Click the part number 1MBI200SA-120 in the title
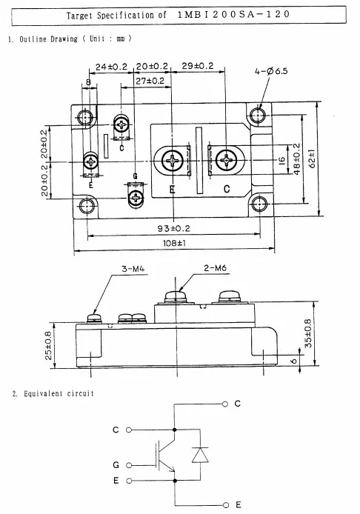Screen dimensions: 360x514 pyautogui.click(x=234, y=14)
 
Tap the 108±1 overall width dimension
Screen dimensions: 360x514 pyautogui.click(x=174, y=243)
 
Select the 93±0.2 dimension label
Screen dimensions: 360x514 pyautogui.click(x=174, y=228)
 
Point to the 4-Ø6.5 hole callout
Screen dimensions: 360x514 pyautogui.click(x=271, y=71)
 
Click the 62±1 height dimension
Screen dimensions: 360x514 pyautogui.click(x=312, y=158)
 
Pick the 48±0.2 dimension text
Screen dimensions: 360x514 pyautogui.click(x=296, y=159)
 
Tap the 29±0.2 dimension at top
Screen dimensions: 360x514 pyautogui.click(x=197, y=66)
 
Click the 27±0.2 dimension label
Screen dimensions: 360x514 pyautogui.click(x=150, y=81)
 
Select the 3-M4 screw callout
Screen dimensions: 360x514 pyautogui.click(x=133, y=269)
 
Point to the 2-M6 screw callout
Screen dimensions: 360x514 pyautogui.click(x=215, y=268)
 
